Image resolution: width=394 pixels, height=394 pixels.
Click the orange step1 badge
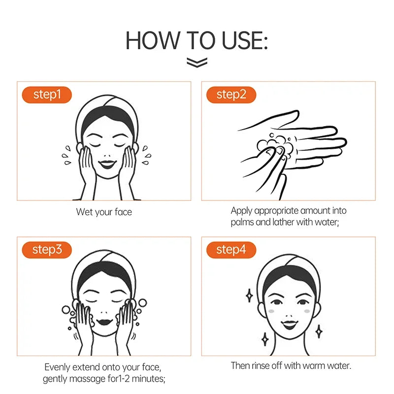(x=47, y=95)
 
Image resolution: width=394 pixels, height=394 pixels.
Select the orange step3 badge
(x=47, y=249)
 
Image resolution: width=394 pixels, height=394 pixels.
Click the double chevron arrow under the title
(x=197, y=62)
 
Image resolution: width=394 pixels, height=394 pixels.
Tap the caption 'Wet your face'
(x=104, y=212)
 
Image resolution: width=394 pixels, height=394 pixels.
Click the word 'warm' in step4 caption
(x=306, y=366)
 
